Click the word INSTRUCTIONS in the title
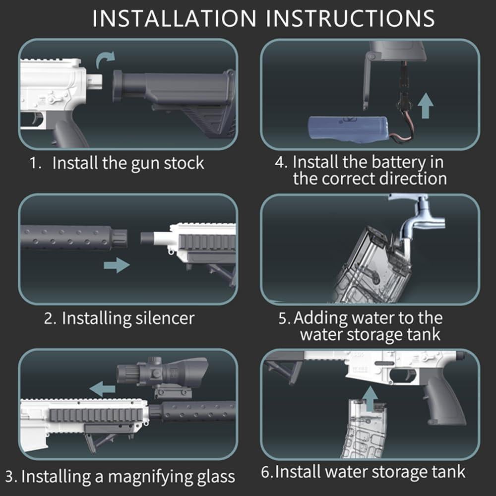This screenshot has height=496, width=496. point(350,19)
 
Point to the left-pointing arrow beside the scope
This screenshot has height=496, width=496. point(102,388)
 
